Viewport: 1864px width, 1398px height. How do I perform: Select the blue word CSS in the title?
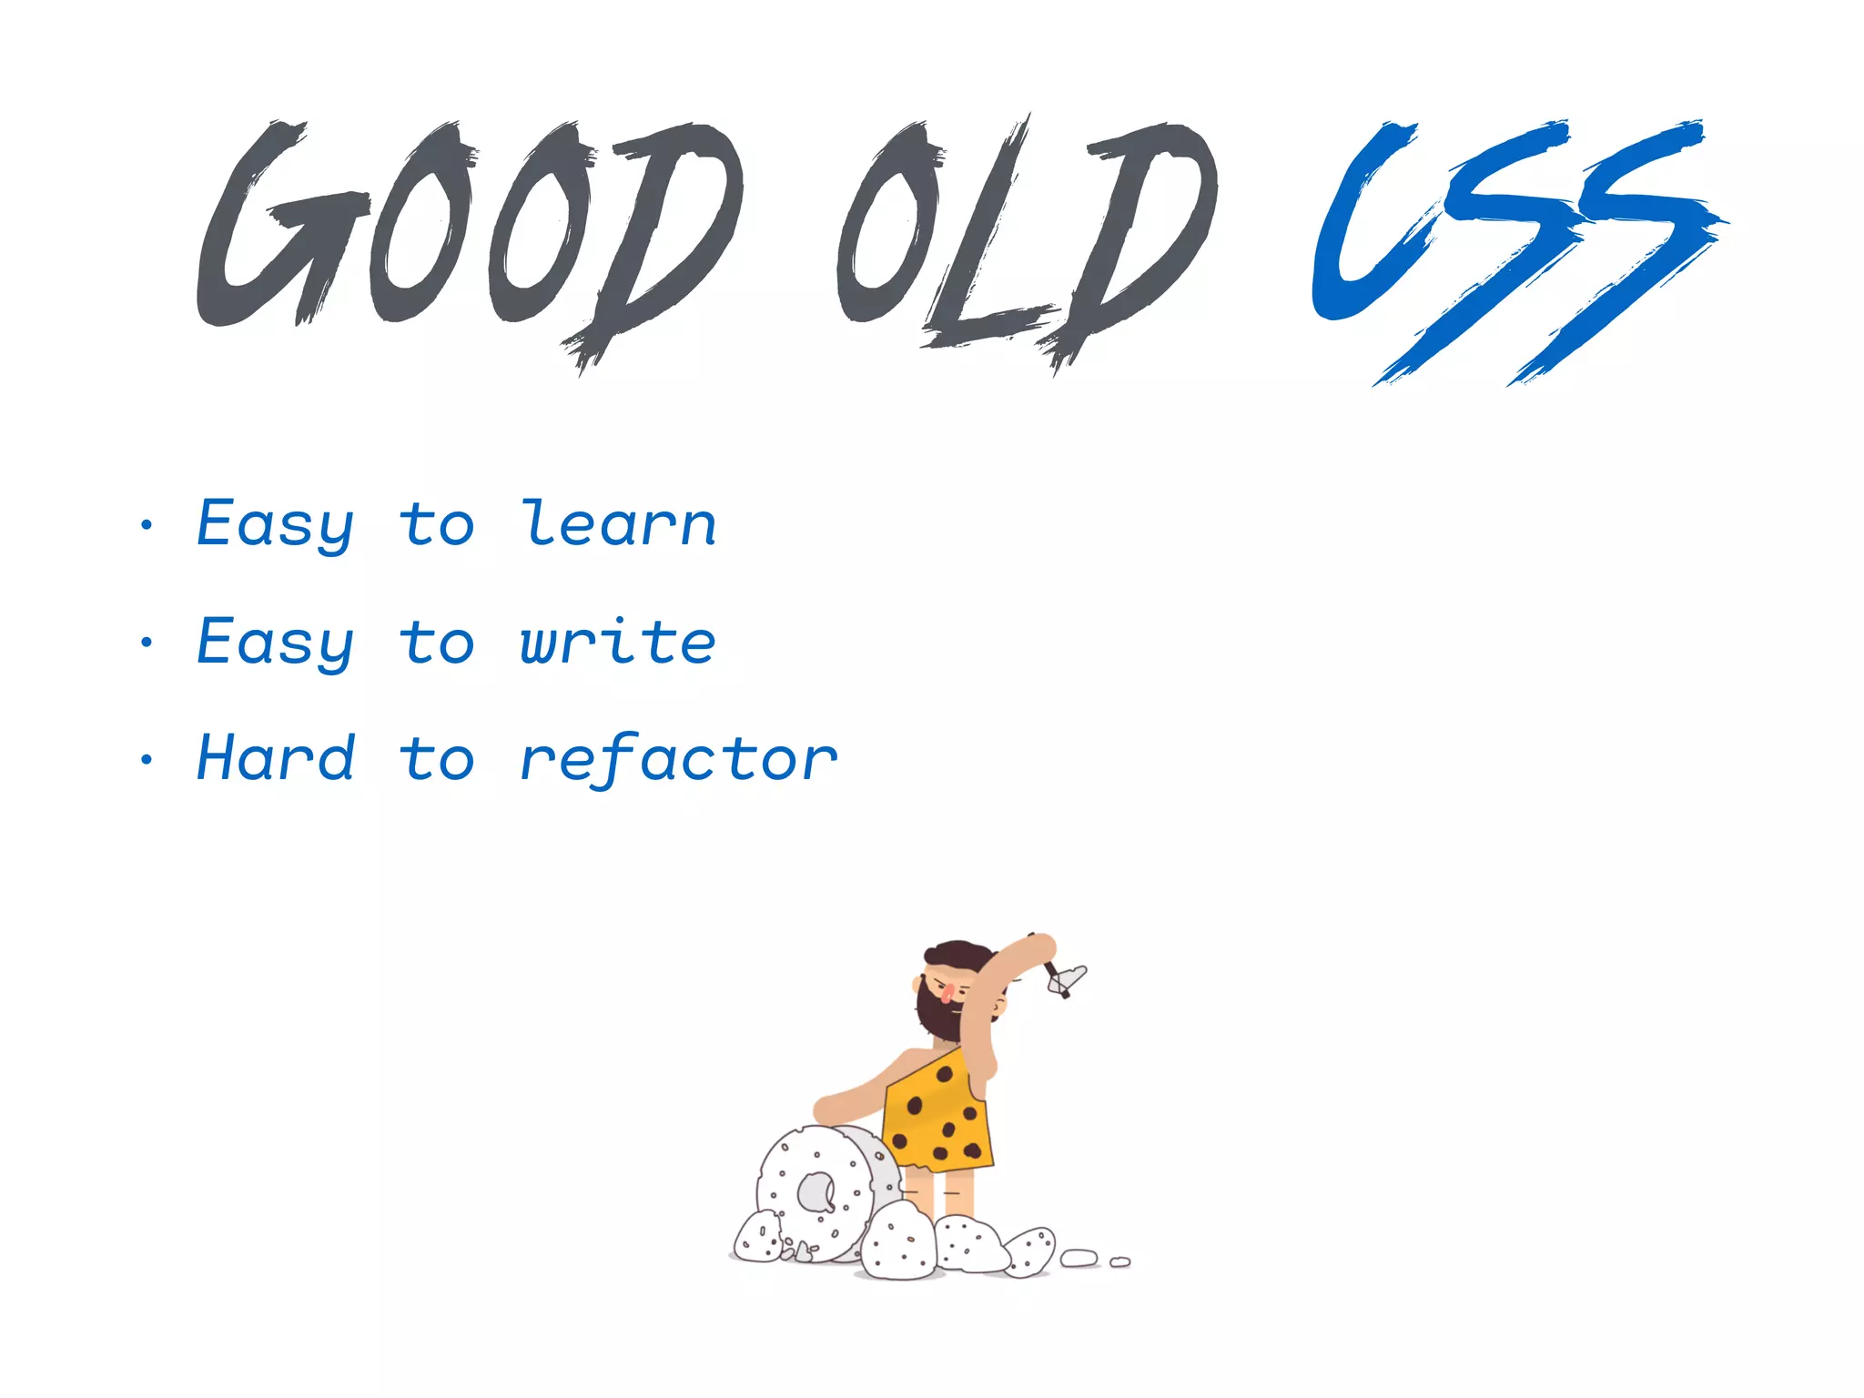click(x=1515, y=246)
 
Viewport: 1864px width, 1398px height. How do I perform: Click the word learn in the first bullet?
click(x=619, y=525)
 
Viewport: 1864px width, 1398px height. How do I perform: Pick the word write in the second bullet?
click(x=618, y=642)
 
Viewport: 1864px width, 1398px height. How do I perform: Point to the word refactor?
click(x=678, y=760)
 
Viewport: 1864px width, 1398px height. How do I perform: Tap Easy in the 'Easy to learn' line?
click(x=276, y=525)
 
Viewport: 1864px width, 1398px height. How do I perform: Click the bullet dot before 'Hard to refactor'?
click(x=147, y=759)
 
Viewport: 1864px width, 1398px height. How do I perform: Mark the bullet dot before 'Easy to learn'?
click(x=147, y=524)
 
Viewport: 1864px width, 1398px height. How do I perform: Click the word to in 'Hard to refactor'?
click(x=437, y=760)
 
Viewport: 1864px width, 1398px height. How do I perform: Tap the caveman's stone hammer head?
click(x=1069, y=979)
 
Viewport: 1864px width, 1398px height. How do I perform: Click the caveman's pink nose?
click(x=947, y=990)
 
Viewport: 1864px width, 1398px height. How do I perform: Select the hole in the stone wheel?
click(x=815, y=1193)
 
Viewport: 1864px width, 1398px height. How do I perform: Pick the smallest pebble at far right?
click(x=1120, y=1262)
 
